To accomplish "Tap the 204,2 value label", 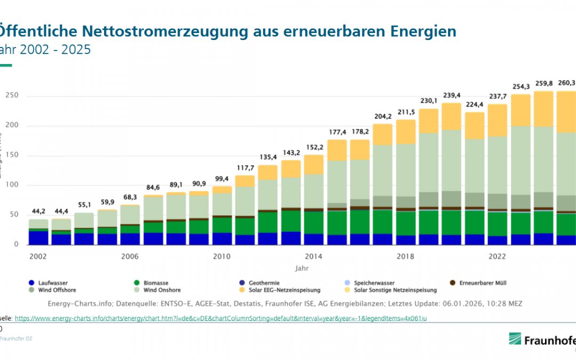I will [383, 117].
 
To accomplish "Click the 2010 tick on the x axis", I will [221, 257].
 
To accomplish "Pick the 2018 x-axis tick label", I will [406, 257].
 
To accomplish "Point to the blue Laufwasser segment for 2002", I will [38, 238].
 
